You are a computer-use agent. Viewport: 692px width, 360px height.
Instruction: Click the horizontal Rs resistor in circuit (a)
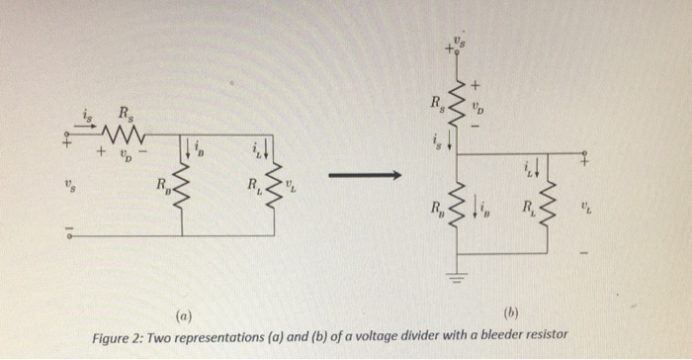[129, 133]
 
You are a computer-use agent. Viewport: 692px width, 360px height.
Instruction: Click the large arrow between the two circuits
[363, 176]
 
